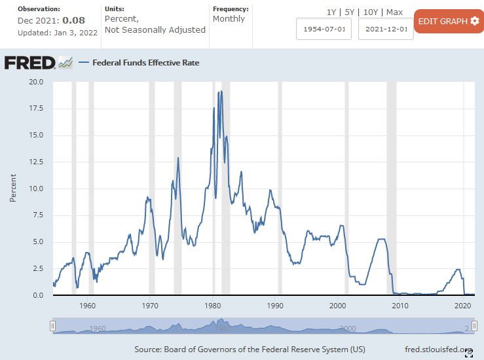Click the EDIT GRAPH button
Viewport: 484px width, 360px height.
tap(449, 21)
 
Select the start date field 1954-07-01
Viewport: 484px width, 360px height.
tap(324, 29)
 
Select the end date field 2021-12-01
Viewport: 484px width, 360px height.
tap(386, 29)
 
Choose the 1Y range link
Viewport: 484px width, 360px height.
tap(332, 12)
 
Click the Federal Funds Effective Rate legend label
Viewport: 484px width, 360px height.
tap(145, 63)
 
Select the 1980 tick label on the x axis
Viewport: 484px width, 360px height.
tap(212, 306)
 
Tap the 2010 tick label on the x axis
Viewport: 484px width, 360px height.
tap(400, 306)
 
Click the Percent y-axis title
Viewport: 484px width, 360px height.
tap(13, 189)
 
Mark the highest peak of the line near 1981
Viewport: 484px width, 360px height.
tap(221, 91)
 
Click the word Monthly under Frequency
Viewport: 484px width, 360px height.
tap(229, 19)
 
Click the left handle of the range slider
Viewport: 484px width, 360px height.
tap(53, 326)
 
